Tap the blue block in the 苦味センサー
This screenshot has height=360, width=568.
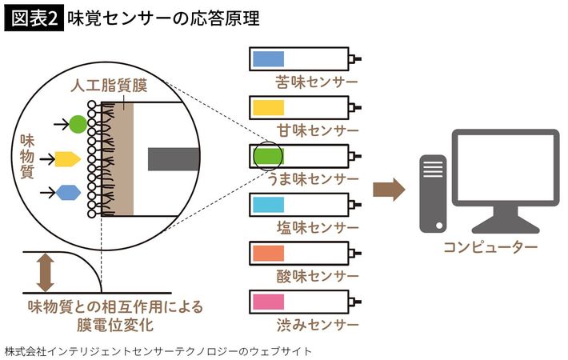tap(269, 59)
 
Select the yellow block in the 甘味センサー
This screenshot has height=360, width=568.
tap(269, 107)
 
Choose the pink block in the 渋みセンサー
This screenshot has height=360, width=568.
tap(269, 302)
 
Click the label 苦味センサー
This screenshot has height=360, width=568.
tap(316, 82)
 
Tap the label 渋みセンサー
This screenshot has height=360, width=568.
tap(316, 325)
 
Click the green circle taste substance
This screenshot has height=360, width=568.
tap(78, 125)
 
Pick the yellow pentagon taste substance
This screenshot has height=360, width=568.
tap(68, 158)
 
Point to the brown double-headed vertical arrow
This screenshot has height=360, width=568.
tap(45, 273)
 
